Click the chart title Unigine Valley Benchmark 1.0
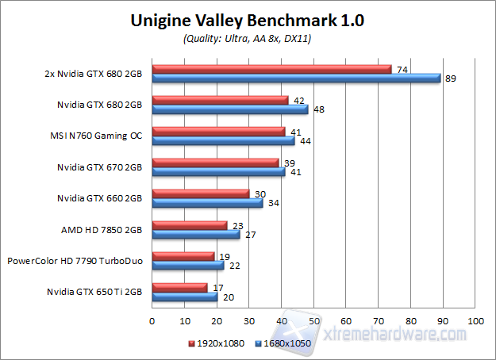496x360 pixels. coord(247,21)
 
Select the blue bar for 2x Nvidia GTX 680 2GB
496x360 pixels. coord(296,78)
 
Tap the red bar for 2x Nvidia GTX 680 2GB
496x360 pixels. coord(271,69)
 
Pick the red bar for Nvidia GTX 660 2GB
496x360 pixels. coord(200,193)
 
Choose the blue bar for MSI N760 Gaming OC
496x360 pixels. coord(223,140)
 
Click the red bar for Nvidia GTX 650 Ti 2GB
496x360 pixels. coord(179,287)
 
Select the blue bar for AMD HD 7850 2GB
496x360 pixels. coord(195,234)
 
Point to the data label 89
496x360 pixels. coord(451,79)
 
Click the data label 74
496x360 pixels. coord(402,69)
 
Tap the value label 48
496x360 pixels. coord(318,109)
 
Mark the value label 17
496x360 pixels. coord(217,287)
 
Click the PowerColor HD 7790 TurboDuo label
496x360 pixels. coord(75,260)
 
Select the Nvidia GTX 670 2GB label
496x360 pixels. coord(99,167)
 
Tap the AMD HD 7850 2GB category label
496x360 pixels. coord(102,229)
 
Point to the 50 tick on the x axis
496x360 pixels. coord(313,321)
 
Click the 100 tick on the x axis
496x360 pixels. coord(475,321)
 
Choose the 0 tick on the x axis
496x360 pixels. coord(152,321)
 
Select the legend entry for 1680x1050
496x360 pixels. coord(284,344)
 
